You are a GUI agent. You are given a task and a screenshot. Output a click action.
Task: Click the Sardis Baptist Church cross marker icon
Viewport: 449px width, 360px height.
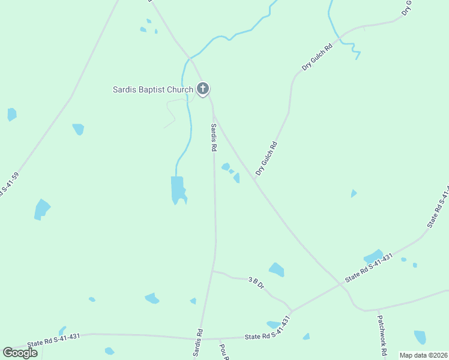203,89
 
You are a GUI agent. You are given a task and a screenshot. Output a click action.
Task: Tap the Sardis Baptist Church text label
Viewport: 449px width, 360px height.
153,90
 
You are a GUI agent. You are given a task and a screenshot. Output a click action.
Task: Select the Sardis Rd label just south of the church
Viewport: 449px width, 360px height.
213,137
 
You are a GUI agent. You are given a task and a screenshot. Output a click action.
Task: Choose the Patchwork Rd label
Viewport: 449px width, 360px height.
381,337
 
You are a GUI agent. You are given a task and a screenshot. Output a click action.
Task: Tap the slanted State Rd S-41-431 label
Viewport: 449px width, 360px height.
369,268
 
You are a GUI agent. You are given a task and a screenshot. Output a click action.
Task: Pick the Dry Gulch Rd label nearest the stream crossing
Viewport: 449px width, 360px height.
318,58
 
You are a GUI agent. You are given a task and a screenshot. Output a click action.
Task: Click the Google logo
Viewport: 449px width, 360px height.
20,352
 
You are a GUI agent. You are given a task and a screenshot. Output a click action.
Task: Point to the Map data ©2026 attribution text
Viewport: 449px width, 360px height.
423,355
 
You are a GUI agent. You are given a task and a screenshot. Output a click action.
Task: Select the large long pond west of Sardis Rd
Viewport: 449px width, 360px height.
178,190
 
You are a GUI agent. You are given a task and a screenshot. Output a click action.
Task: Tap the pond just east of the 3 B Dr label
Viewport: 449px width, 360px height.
276,269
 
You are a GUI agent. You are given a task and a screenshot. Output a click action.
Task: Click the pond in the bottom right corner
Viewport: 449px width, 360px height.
420,337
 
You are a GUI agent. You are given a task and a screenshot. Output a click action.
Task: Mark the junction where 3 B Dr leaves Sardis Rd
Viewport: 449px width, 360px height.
212,271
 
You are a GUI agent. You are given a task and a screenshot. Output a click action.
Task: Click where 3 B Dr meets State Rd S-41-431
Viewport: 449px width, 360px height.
291,311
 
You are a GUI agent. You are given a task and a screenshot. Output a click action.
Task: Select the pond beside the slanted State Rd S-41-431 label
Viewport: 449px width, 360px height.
373,256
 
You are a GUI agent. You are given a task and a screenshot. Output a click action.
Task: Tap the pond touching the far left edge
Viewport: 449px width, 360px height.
11,114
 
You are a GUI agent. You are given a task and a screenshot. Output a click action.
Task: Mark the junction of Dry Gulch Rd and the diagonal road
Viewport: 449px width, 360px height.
255,179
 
